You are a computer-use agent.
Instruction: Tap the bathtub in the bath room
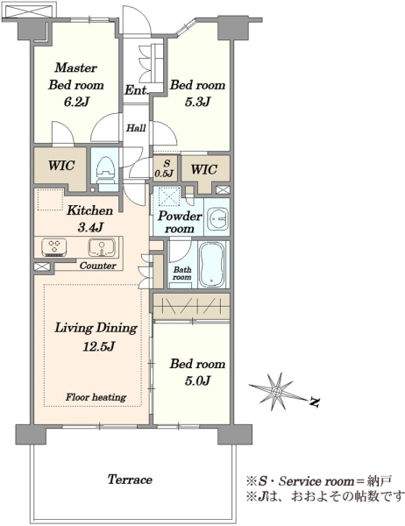click(x=212, y=265)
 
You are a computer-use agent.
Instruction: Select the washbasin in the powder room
click(x=217, y=218)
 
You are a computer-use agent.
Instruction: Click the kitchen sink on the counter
click(x=102, y=247)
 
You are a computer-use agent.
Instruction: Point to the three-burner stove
click(x=53, y=247)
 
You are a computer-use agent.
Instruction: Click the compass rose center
click(x=276, y=392)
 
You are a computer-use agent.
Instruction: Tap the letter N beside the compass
click(x=314, y=402)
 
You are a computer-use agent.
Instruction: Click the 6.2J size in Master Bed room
click(x=76, y=102)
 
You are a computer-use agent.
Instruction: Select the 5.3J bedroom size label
click(x=197, y=102)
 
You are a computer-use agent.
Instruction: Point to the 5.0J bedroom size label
click(x=197, y=380)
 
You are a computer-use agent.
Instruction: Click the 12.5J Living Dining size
click(x=99, y=345)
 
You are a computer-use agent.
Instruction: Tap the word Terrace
click(x=130, y=479)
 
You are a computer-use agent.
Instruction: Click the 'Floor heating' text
click(x=96, y=397)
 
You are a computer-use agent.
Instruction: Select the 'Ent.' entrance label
click(x=136, y=90)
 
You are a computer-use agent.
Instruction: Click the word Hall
click(x=136, y=128)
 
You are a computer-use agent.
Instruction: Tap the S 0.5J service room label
click(x=167, y=168)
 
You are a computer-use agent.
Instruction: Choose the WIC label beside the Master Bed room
click(x=61, y=166)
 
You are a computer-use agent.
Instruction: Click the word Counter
click(x=98, y=266)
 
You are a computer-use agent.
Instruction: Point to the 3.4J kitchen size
click(x=90, y=228)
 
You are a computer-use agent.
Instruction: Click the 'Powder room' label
click(x=180, y=222)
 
